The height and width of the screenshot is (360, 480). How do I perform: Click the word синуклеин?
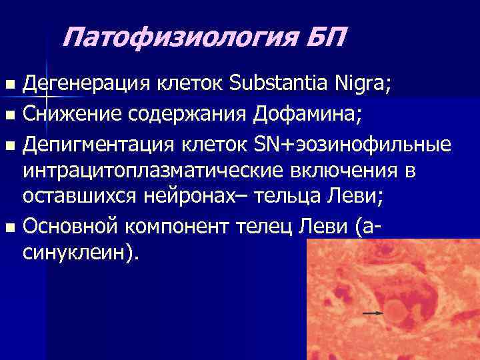pyautogui.click(x=77, y=255)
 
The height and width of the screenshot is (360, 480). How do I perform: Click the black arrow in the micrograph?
pyautogui.click(x=373, y=312)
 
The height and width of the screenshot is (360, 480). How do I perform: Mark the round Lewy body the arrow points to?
pyautogui.click(x=399, y=311)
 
